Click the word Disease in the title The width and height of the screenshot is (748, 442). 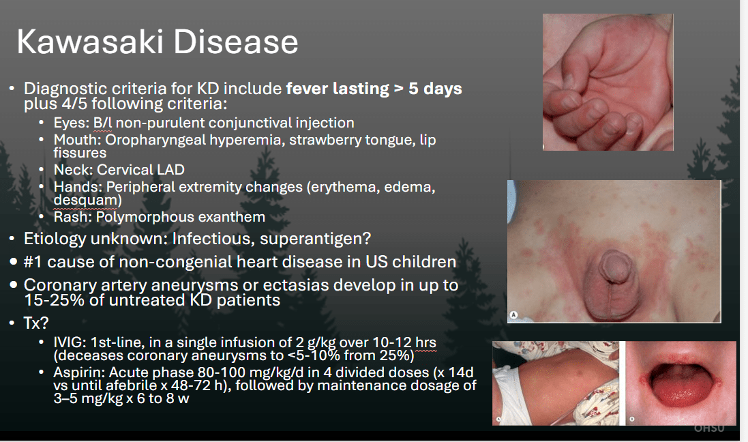[x=236, y=42]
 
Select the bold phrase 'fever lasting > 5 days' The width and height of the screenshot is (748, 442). [x=374, y=89]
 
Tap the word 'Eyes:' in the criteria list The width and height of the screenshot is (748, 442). [x=72, y=123]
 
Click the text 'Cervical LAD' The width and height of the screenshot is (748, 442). [x=140, y=170]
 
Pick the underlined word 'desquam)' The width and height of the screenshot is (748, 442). [x=88, y=200]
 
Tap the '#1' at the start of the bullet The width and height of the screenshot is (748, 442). [x=33, y=262]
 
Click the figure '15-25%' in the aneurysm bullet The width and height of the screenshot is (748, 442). [x=53, y=300]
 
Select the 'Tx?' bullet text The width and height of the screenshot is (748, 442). [x=36, y=323]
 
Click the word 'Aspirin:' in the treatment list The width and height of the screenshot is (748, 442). [x=79, y=373]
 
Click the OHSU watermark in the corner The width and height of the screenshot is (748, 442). [x=709, y=428]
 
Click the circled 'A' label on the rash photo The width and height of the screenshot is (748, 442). [x=513, y=315]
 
